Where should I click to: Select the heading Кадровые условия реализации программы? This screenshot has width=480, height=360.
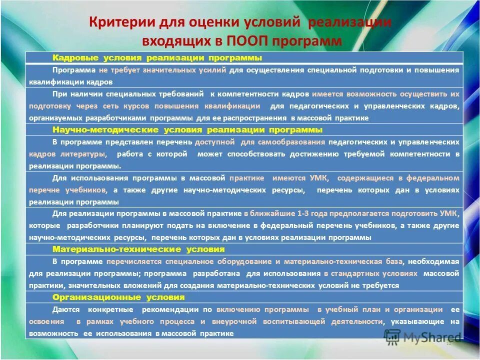pyautogui.click(x=157, y=57)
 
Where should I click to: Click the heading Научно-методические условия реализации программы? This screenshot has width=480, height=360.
pyautogui.click(x=187, y=130)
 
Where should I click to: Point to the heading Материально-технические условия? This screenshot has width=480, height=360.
pyautogui.click(x=138, y=249)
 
